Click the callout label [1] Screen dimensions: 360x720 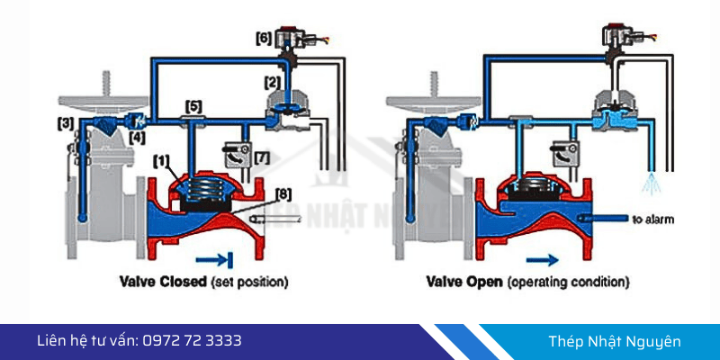161,160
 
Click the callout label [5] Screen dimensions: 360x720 193,104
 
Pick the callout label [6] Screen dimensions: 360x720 263,39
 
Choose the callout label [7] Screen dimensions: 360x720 262,158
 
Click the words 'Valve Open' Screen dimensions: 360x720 463,282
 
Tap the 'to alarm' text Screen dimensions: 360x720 654,219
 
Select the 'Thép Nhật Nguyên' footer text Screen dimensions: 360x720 615,341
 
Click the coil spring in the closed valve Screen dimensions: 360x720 209,189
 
